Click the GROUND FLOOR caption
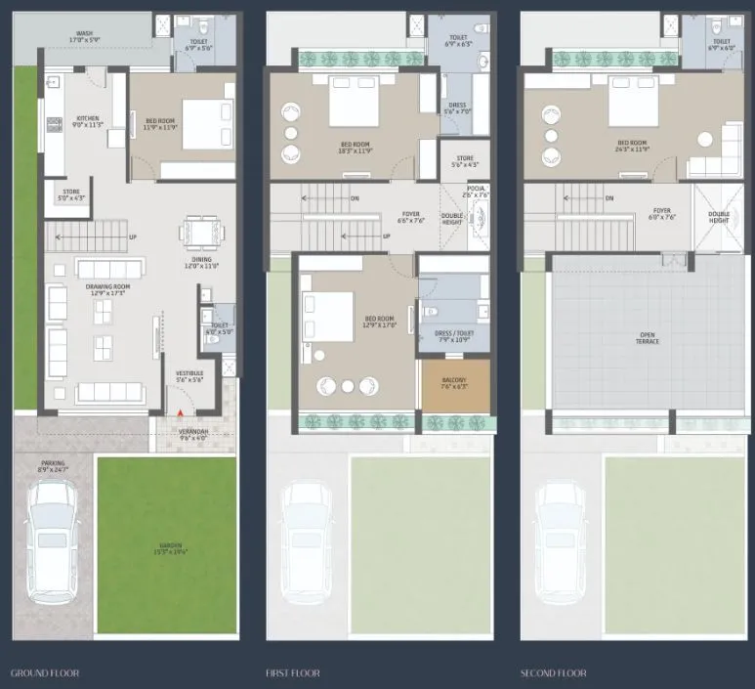coord(44,673)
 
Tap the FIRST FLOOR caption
coord(292,673)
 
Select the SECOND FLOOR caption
coord(553,673)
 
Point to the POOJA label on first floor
coord(476,192)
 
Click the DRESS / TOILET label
coord(450,338)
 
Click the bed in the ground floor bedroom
coord(207,125)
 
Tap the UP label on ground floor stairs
coord(132,237)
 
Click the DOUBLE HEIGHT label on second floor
coord(718,218)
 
